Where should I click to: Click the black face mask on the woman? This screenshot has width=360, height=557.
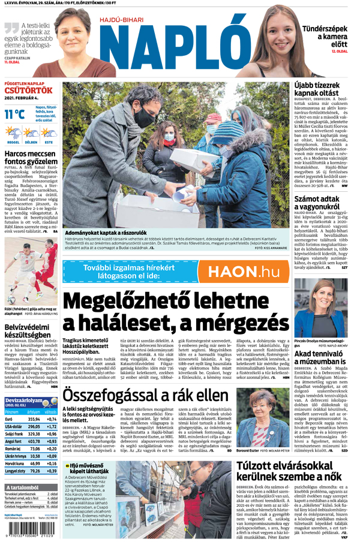click(x=145, y=118)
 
